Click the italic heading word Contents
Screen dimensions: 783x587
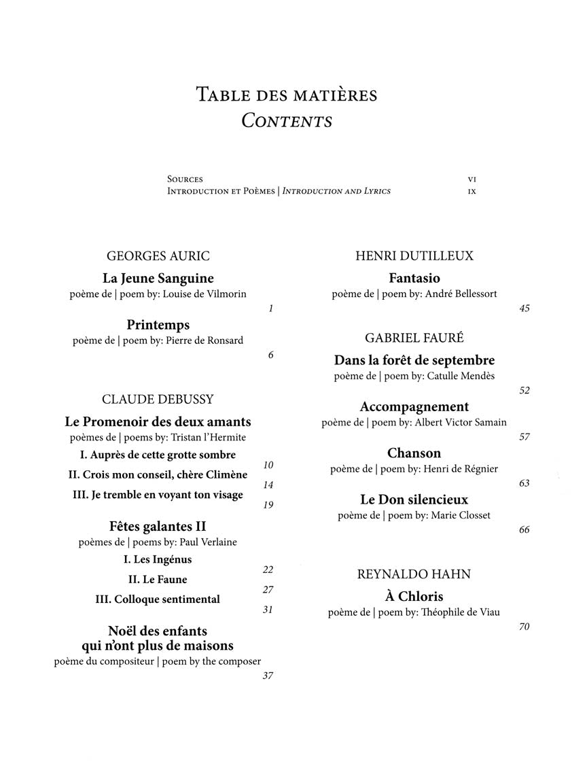point(287,121)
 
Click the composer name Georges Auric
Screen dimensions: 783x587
point(158,256)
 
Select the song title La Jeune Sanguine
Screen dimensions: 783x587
point(158,278)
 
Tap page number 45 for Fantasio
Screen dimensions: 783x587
point(524,309)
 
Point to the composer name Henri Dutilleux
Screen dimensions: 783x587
point(414,256)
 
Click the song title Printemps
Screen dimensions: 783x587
point(158,325)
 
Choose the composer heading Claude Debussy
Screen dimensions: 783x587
point(158,399)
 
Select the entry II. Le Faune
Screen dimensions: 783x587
point(158,580)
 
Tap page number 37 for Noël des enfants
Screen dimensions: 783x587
point(268,676)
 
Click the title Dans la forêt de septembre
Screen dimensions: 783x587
point(414,361)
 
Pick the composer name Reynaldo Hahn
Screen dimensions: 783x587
point(414,574)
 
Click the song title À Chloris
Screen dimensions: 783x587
point(414,597)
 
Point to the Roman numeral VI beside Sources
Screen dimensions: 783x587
point(472,179)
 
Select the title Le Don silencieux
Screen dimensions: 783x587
point(414,500)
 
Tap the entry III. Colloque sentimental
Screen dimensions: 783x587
point(158,599)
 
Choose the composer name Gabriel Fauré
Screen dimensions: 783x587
point(414,338)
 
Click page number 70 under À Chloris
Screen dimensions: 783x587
point(524,627)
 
